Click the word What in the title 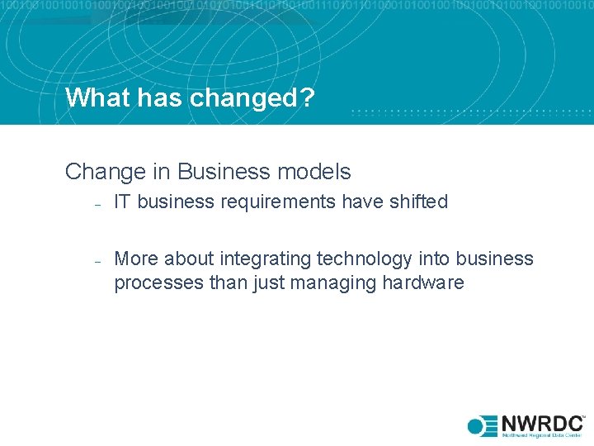coord(93,97)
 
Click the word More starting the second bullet coord(136,259)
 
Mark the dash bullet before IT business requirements coord(97,204)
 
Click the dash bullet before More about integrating coord(97,261)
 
